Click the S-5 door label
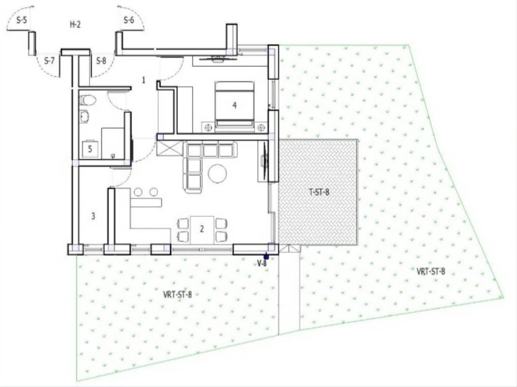22,21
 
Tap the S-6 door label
129,21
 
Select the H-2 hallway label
75,25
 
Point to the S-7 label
49,61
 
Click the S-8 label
101,61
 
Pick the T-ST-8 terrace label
319,193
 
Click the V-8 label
262,264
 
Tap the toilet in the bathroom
87,100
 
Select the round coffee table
218,173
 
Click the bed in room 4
235,106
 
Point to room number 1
143,80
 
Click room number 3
93,216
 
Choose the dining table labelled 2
202,230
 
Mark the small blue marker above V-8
266,256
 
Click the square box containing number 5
90,150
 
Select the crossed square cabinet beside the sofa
169,148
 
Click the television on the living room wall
265,161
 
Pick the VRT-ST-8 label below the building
178,294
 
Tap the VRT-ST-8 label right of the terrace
431,272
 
